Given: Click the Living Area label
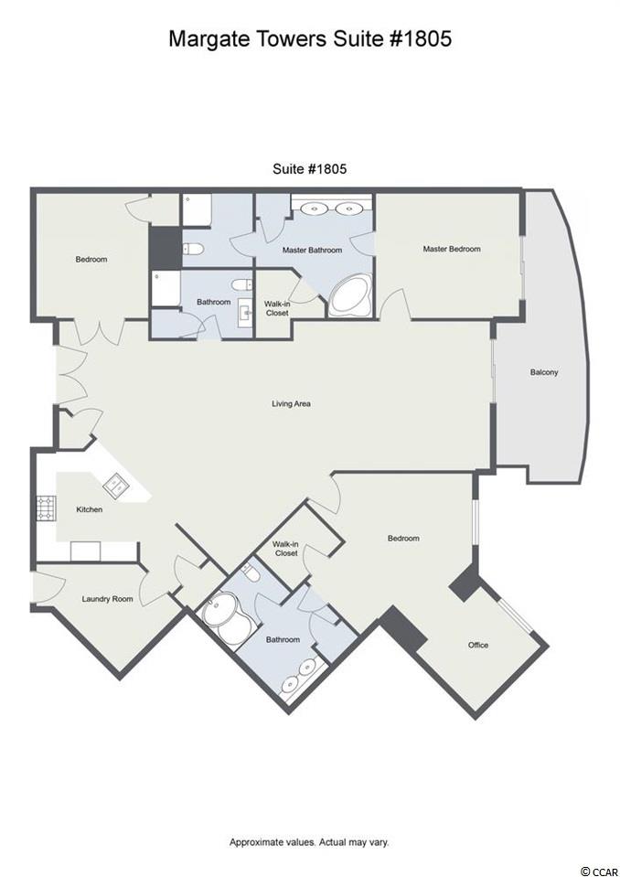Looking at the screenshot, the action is (x=291, y=403).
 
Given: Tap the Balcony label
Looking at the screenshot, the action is (x=544, y=372).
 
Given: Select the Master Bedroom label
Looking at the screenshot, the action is (x=452, y=249).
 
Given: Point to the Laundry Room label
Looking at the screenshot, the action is (x=107, y=598).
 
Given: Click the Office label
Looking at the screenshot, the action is (x=478, y=645).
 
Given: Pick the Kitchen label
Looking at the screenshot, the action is (x=90, y=509).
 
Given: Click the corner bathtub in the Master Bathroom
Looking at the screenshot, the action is (x=349, y=297).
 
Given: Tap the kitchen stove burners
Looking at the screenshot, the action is (x=46, y=508).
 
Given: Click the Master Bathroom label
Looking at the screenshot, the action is (x=312, y=250).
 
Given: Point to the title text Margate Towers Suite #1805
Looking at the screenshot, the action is (x=310, y=38).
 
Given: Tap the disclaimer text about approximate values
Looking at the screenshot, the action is (x=309, y=841).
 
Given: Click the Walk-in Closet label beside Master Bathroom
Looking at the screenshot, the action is (x=277, y=308).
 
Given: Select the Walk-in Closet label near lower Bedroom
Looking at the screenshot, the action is (x=285, y=548).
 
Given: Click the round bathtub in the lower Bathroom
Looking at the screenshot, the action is (x=228, y=618).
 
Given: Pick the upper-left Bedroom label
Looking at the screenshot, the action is (x=91, y=259).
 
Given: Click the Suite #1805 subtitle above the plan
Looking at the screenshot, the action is (x=310, y=168).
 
